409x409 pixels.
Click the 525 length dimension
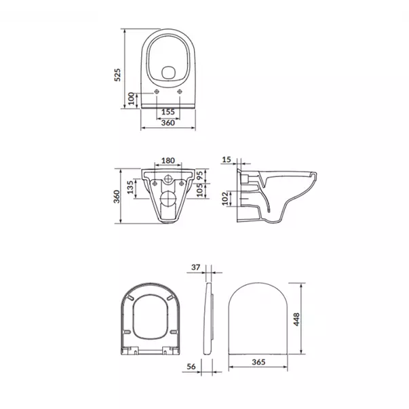[117, 75]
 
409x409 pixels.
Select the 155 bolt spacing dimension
[168, 112]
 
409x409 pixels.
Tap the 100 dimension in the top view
[131, 98]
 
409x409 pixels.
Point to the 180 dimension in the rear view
[168, 161]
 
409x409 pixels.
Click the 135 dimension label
[130, 187]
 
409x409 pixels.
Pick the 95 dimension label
[200, 175]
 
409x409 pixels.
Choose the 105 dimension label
[200, 190]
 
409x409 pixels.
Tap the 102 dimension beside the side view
[225, 199]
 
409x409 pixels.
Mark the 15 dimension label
[227, 159]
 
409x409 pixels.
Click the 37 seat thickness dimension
[195, 267]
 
